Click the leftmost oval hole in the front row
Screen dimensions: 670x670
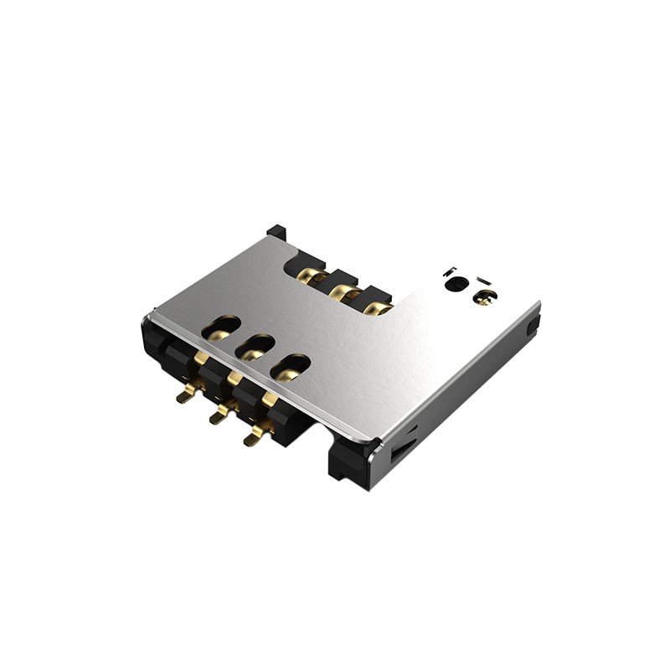pyautogui.click(x=221, y=327)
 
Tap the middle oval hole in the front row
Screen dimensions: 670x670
pyautogui.click(x=256, y=347)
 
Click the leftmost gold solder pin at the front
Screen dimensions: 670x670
pyautogui.click(x=186, y=394)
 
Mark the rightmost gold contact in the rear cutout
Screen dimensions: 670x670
pyautogui.click(x=378, y=308)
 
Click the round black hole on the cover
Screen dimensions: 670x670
pyautogui.click(x=456, y=284)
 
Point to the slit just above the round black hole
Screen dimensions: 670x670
pyautogui.click(x=451, y=270)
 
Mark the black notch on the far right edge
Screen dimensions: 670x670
pyautogui.click(x=532, y=325)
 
